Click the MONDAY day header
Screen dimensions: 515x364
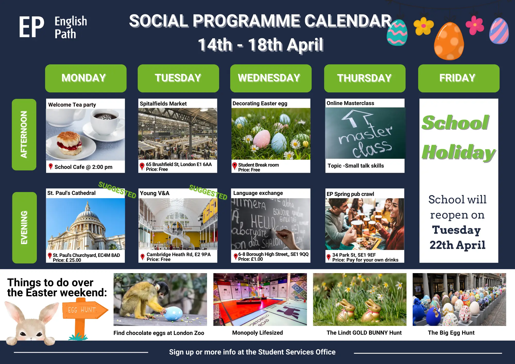[x=86, y=78]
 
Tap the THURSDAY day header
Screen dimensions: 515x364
[x=365, y=78]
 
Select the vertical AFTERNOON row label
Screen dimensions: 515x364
[x=24, y=135]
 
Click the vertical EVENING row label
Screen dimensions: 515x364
[x=24, y=228]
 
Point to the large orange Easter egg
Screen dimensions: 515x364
[x=449, y=41]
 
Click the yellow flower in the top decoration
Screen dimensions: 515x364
[x=423, y=26]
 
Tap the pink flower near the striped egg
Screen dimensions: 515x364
[x=475, y=25]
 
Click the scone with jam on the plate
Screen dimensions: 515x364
[x=69, y=143]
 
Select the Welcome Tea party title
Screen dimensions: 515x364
[x=72, y=105]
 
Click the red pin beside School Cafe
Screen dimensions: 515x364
[x=51, y=167]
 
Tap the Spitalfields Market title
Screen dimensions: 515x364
[x=163, y=104]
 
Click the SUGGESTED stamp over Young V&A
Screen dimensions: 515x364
[x=208, y=192]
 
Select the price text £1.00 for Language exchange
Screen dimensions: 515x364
[x=251, y=259]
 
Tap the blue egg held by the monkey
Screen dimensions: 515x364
[x=173, y=314]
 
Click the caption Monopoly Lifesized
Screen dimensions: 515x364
[x=257, y=333]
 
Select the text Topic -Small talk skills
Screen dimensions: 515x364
[x=356, y=166]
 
